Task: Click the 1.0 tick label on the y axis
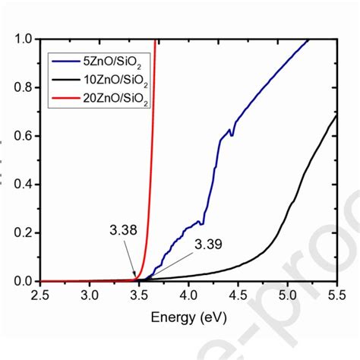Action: click(x=24, y=39)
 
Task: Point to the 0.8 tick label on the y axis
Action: click(x=24, y=88)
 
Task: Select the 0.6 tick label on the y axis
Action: click(x=24, y=137)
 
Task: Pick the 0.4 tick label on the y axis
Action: click(x=24, y=185)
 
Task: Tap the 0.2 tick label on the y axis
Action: click(x=24, y=233)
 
